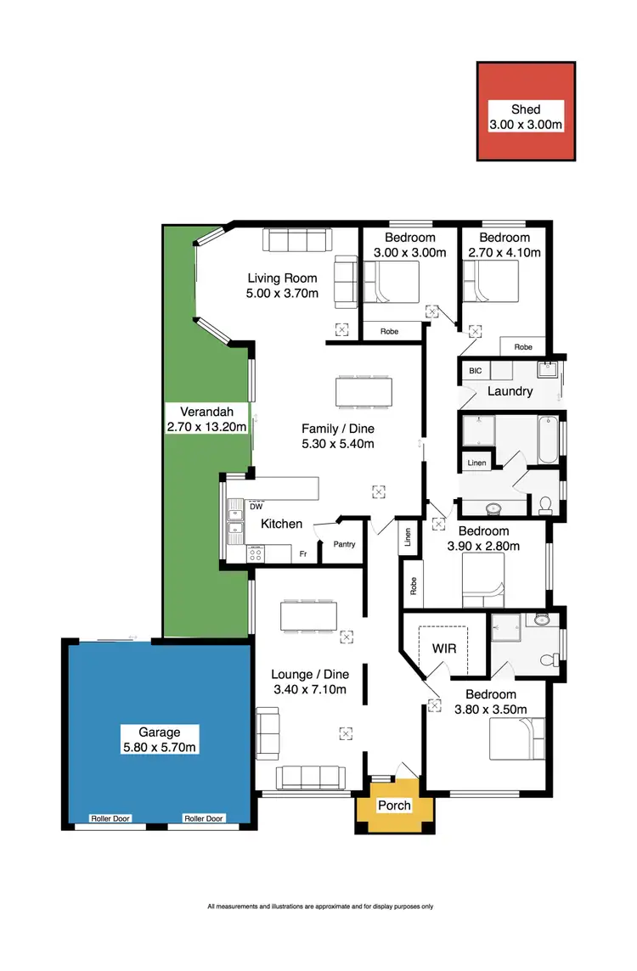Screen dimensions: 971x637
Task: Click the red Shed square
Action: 526,110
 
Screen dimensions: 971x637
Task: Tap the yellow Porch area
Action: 394,805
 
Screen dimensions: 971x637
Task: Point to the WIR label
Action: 444,648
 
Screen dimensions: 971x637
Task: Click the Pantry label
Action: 344,545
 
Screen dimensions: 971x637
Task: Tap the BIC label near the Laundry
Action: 474,371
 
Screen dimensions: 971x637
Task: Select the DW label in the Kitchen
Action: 255,508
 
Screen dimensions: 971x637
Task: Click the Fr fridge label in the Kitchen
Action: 302,553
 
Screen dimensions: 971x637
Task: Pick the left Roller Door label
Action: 110,818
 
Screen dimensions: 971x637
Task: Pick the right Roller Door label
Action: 204,818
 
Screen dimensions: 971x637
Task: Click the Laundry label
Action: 510,391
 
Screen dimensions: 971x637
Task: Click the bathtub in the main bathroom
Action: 548,438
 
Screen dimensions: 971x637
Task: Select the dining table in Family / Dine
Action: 364,391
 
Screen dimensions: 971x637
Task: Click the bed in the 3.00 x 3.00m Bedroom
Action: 392,282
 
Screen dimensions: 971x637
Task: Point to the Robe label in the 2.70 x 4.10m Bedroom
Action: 523,347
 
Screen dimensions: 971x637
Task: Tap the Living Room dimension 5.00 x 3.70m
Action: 283,294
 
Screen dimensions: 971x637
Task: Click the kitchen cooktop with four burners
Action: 256,553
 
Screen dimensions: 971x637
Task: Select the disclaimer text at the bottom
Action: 320,906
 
